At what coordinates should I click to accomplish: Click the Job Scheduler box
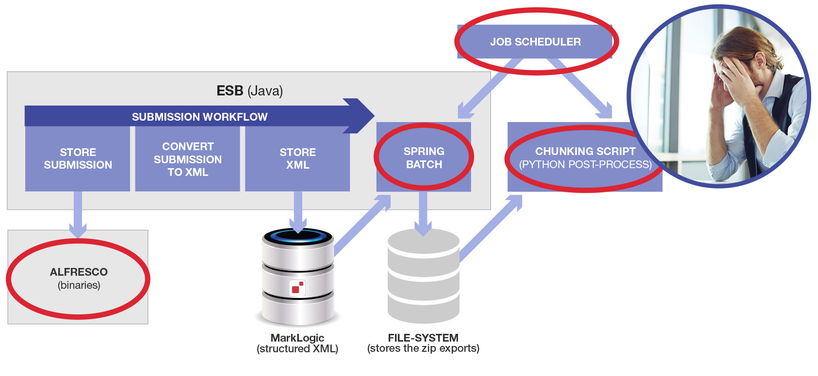[535, 42]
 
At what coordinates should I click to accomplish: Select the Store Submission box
[78, 158]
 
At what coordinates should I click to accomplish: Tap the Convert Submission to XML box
[188, 159]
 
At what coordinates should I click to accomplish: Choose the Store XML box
[297, 158]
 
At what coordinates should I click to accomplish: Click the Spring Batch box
[424, 157]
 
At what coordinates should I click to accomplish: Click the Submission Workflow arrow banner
[199, 117]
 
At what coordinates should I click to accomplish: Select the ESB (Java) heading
[249, 91]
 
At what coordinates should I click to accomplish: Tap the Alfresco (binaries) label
[79, 278]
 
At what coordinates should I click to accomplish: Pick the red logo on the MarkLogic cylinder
[297, 288]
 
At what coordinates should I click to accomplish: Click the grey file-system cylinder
[424, 276]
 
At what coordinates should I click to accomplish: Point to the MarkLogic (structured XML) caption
[297, 343]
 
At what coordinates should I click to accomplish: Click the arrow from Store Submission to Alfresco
[78, 213]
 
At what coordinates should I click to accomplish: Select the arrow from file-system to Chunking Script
[490, 228]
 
